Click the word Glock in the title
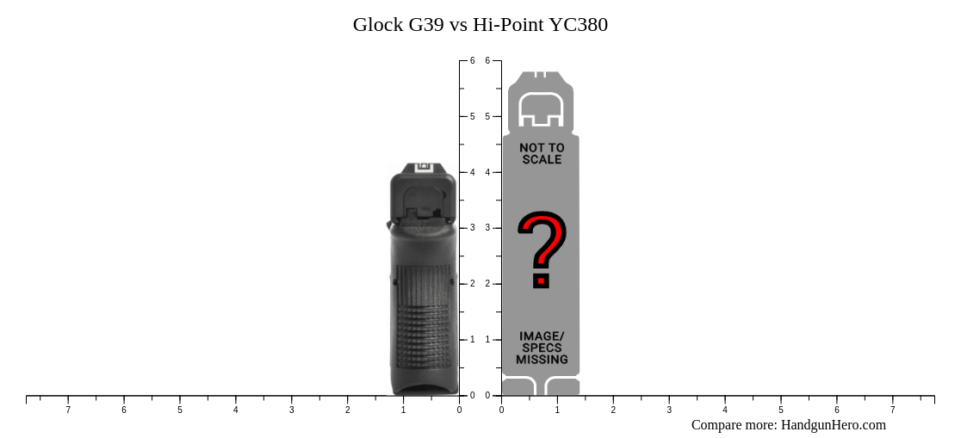click(x=378, y=25)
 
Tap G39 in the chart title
click(x=426, y=25)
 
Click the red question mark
click(x=542, y=250)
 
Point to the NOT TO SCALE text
click(x=542, y=154)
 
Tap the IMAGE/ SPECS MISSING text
click(x=542, y=348)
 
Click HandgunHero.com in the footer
click(x=833, y=425)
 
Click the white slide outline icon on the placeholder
click(x=541, y=109)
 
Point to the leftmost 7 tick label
click(x=68, y=410)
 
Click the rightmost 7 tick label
click(x=892, y=410)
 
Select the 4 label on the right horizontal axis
click(x=725, y=410)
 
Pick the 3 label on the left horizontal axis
click(x=291, y=410)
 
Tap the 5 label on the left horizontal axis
click(x=180, y=410)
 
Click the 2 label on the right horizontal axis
click(x=613, y=410)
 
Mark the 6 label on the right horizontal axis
click(x=836, y=410)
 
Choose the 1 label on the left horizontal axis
click(x=403, y=410)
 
